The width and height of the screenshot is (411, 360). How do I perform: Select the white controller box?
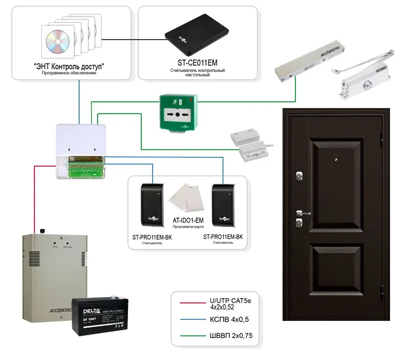coord(82,151)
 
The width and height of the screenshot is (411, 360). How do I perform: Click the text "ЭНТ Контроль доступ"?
coord(69,67)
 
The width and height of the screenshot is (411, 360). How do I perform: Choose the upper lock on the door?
coord(298,175)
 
